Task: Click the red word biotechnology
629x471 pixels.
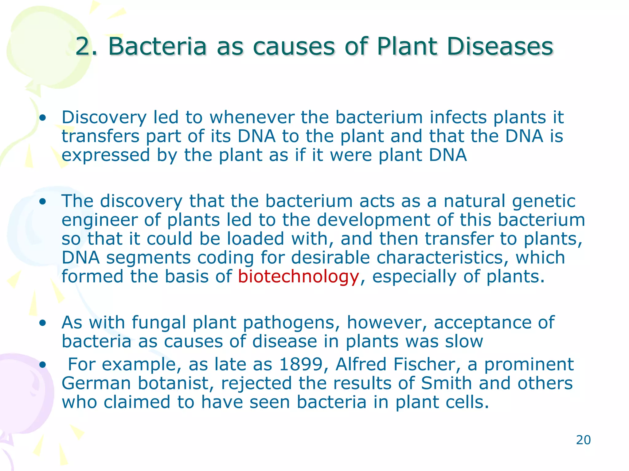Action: point(298,277)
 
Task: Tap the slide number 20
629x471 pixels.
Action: point(583,440)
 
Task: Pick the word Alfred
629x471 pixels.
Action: point(361,364)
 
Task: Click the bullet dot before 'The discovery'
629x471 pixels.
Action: point(43,201)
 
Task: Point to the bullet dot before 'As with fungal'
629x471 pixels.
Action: point(43,323)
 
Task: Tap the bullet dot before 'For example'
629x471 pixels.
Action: point(43,365)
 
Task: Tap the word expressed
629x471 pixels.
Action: point(106,155)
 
